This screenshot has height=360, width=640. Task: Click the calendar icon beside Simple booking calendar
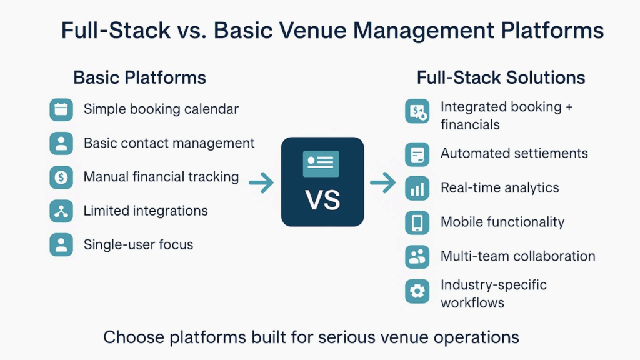[61, 109]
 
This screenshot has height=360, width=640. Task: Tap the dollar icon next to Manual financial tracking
[61, 177]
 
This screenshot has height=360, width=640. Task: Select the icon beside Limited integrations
[61, 211]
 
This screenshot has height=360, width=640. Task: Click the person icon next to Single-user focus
[61, 245]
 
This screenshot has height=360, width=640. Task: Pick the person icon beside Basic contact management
[61, 144]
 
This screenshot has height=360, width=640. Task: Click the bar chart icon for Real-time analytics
[417, 188]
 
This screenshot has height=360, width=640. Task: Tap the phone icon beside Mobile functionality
[417, 222]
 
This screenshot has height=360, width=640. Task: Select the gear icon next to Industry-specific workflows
[417, 291]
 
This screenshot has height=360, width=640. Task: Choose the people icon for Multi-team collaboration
[417, 256]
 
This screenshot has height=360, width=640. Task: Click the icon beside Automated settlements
[417, 154]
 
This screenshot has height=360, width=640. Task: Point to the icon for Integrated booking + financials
[417, 111]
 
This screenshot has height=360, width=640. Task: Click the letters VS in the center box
[322, 200]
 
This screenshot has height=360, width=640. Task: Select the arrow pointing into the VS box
[261, 183]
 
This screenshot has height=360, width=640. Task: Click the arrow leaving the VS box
[382, 183]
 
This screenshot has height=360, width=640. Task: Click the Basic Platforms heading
[139, 77]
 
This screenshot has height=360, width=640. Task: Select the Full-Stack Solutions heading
[501, 77]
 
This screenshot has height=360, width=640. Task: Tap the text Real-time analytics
[499, 187]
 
